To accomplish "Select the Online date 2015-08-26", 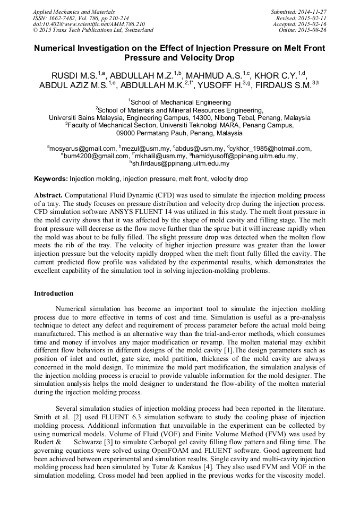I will (313, 30).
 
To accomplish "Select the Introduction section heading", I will (54, 294).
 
